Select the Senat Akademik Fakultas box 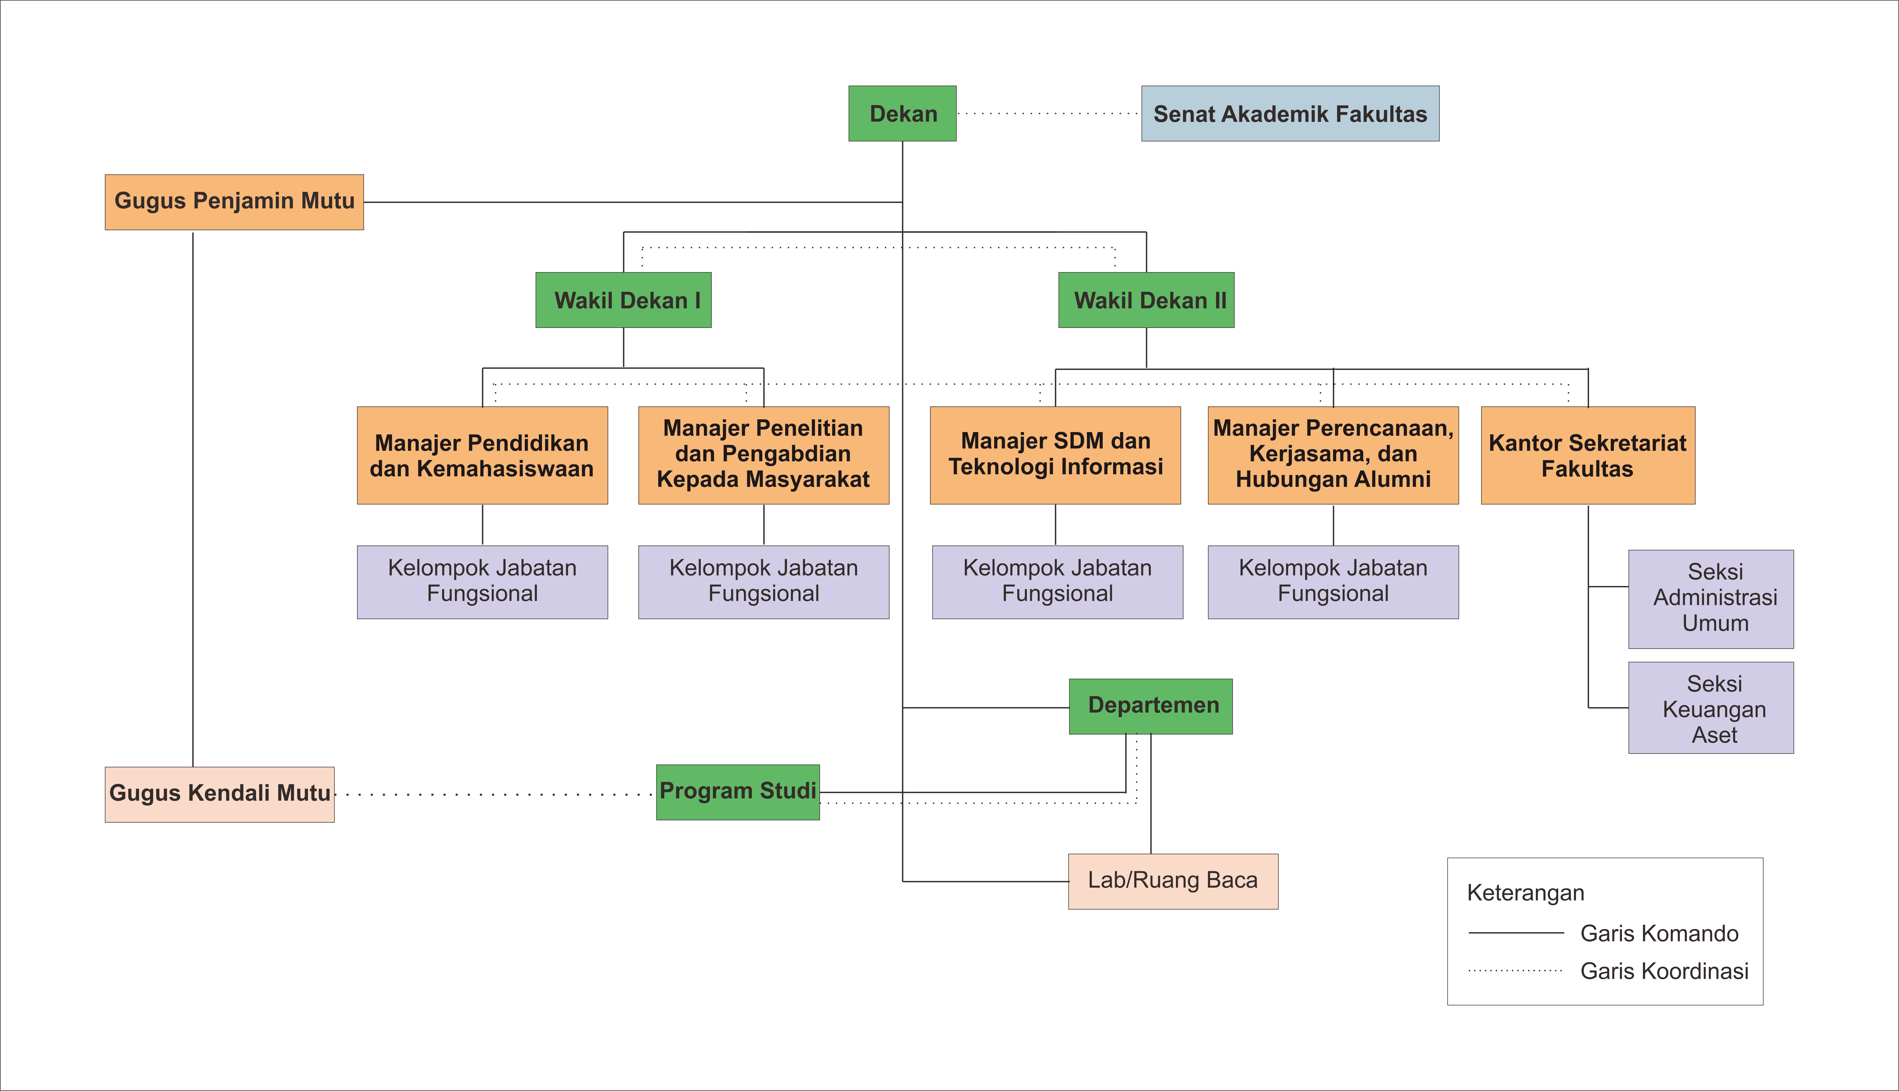1290,113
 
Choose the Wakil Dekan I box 623,300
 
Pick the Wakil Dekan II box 1146,300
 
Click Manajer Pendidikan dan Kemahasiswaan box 483,456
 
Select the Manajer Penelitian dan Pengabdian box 763,456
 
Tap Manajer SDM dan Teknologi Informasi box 1055,456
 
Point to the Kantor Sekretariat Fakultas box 1588,456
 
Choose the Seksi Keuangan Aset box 1711,707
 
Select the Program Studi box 738,792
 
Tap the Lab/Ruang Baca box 1173,881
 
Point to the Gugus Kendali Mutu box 220,794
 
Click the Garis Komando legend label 1659,934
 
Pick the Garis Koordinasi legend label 1665,971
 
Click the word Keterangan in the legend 1525,893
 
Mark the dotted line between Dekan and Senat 1049,114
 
